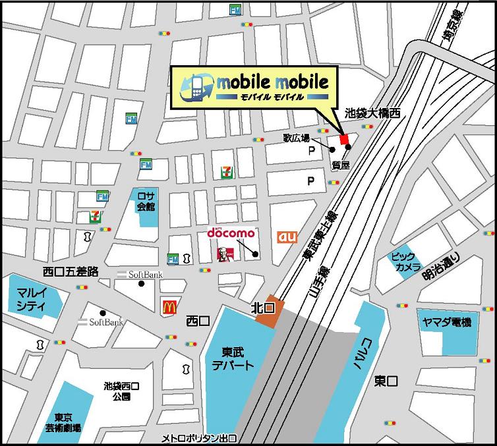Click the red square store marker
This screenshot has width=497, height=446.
(343, 139)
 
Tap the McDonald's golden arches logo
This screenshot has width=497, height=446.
(168, 305)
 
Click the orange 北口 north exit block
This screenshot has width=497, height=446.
(269, 312)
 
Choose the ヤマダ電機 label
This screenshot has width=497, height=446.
(448, 322)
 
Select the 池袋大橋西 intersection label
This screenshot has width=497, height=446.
(373, 113)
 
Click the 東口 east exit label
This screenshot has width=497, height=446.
(386, 381)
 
